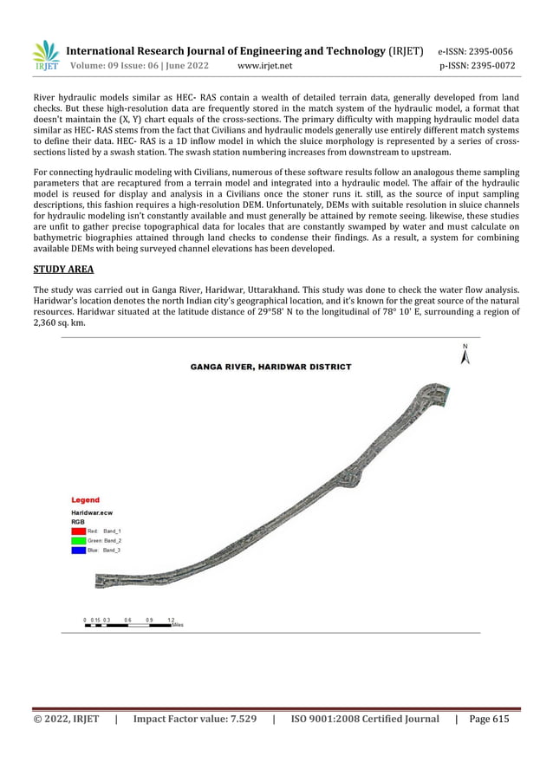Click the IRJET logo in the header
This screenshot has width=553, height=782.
point(45,55)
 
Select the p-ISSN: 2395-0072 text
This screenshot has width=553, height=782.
point(477,65)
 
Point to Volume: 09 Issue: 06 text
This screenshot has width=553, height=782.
point(119,65)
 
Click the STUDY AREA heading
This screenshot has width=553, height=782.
point(63,269)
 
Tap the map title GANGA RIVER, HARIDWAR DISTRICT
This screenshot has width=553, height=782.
point(270,367)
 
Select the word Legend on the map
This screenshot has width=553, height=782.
point(85,500)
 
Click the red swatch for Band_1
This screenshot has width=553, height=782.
point(78,530)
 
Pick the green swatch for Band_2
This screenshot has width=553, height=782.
point(78,540)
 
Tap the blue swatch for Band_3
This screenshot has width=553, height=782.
point(78,551)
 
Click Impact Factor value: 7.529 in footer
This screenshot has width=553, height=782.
point(194,719)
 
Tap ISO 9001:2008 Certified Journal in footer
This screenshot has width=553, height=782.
point(365,719)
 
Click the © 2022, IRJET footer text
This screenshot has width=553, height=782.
point(66,719)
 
